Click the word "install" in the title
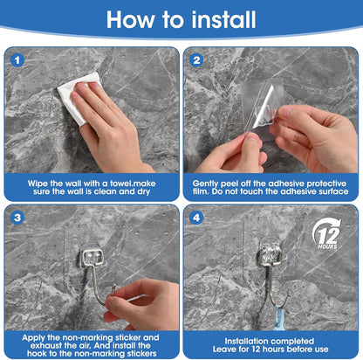point(223,19)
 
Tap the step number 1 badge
point(17,60)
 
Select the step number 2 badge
point(196,60)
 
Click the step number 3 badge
point(17,218)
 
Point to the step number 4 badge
point(196,218)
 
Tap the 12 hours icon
point(327,235)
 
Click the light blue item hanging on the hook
point(281,317)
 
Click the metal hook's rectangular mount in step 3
point(92,258)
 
